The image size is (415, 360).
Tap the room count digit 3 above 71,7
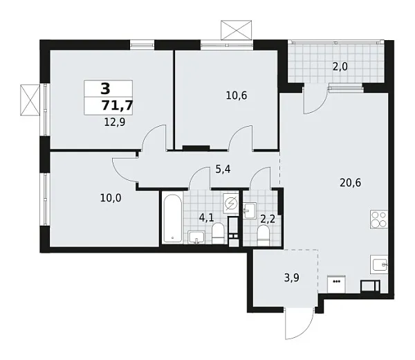pos(104,89)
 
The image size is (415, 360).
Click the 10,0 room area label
pos(110,197)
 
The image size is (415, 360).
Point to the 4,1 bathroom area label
pos(206,217)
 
